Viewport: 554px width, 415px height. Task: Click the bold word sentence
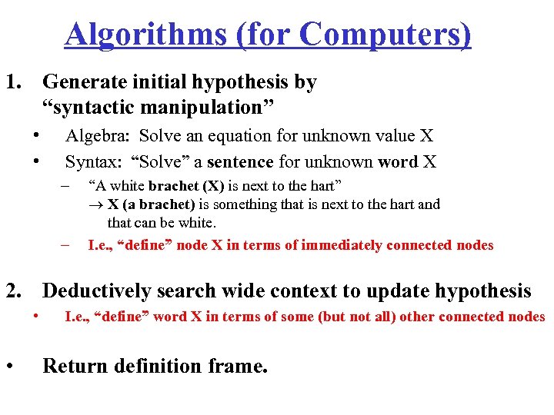coord(240,161)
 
